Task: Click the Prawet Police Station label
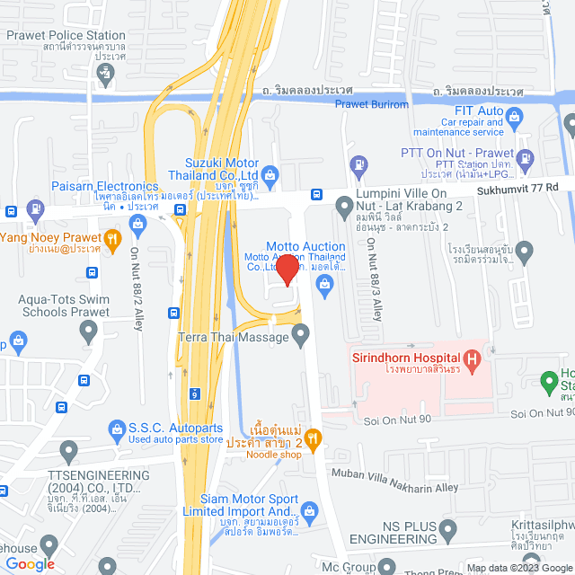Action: pyautogui.click(x=66, y=36)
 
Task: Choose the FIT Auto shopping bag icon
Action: pyautogui.click(x=514, y=115)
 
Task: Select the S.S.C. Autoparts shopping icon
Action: pyautogui.click(x=116, y=431)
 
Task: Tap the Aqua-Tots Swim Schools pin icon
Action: pyautogui.click(x=88, y=332)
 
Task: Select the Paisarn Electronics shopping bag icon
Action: pyautogui.click(x=137, y=220)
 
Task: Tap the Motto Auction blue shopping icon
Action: pyautogui.click(x=325, y=286)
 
